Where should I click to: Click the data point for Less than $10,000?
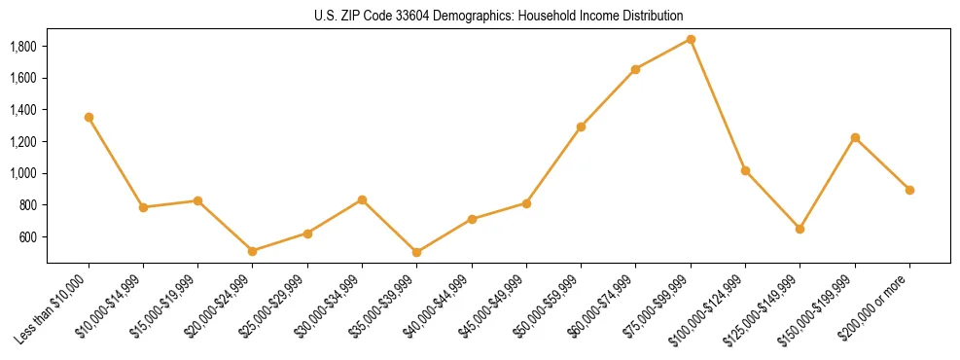tap(89, 117)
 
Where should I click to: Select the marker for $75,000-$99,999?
tap(691, 39)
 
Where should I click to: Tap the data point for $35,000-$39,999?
tap(417, 252)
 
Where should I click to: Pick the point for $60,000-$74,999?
tap(635, 69)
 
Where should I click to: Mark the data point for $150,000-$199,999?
tap(855, 137)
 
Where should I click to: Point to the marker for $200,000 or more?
tap(909, 190)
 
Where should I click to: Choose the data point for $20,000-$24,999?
tap(253, 251)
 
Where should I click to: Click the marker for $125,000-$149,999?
tap(800, 229)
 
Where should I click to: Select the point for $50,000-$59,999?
tap(581, 126)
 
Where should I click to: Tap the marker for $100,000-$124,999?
tap(745, 170)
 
